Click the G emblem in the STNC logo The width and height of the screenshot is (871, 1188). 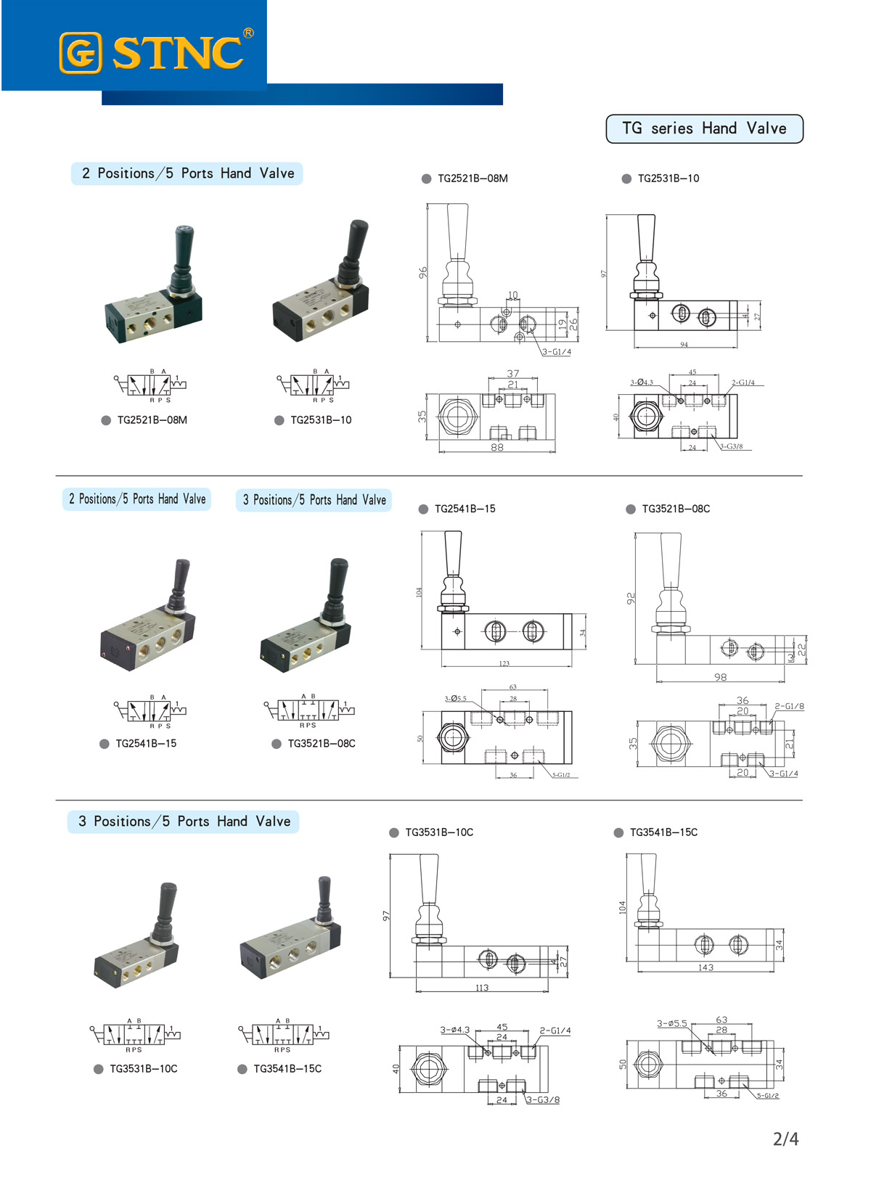pos(80,53)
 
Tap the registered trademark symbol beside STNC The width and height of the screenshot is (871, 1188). pos(248,33)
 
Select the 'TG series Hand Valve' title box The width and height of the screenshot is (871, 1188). pos(704,128)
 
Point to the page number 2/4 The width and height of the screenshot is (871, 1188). pos(785,1139)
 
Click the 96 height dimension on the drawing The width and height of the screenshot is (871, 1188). pos(422,272)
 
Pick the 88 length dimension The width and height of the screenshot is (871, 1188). pos(496,447)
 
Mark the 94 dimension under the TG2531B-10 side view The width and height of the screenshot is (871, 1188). pos(684,345)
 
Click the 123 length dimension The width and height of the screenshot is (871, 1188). pos(504,663)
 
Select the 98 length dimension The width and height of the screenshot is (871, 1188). pos(720,677)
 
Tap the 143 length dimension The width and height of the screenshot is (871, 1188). pos(706,967)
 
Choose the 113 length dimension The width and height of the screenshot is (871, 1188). pos(482,988)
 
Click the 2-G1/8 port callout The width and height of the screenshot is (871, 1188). pos(789,706)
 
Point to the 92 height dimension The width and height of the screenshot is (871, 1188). pos(631,598)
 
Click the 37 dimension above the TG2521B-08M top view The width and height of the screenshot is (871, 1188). pos(513,373)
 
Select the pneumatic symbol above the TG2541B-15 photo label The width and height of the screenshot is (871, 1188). pos(150,710)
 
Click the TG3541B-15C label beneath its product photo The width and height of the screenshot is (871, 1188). pos(287,1068)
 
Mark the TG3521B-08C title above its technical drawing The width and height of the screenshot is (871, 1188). pos(675,509)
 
